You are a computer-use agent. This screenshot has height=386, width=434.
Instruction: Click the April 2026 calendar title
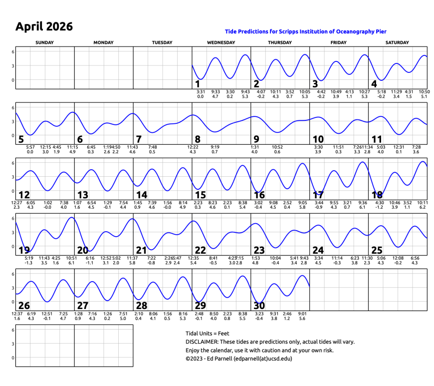(x=44, y=26)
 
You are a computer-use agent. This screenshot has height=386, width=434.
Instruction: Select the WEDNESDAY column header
(x=221, y=43)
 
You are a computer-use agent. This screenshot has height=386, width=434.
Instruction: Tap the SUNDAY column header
(x=45, y=43)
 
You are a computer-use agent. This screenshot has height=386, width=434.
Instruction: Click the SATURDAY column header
(x=397, y=43)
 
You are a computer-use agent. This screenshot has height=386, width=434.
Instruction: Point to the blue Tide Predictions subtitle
(x=305, y=31)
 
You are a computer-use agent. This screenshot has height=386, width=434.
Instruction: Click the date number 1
(x=198, y=84)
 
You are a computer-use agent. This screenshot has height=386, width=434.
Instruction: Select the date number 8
(x=198, y=139)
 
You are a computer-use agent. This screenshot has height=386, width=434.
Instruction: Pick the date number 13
(x=82, y=195)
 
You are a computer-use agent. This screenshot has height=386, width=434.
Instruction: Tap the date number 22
(x=200, y=250)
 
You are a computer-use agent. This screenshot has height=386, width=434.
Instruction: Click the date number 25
(x=377, y=250)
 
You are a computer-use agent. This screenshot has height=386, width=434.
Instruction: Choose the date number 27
(x=82, y=306)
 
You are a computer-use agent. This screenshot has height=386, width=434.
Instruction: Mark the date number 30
(x=259, y=306)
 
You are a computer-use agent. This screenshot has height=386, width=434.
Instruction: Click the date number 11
(x=377, y=139)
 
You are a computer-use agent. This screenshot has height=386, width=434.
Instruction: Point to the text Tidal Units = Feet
(x=207, y=333)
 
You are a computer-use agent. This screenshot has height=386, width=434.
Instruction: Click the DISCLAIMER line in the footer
(x=270, y=342)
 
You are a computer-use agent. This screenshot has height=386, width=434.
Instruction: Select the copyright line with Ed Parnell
(x=238, y=358)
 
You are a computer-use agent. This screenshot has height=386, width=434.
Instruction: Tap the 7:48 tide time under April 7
(x=153, y=147)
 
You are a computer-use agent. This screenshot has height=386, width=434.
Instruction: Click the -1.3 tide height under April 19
(x=28, y=263)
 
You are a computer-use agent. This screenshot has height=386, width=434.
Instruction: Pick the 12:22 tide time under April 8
(x=193, y=147)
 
